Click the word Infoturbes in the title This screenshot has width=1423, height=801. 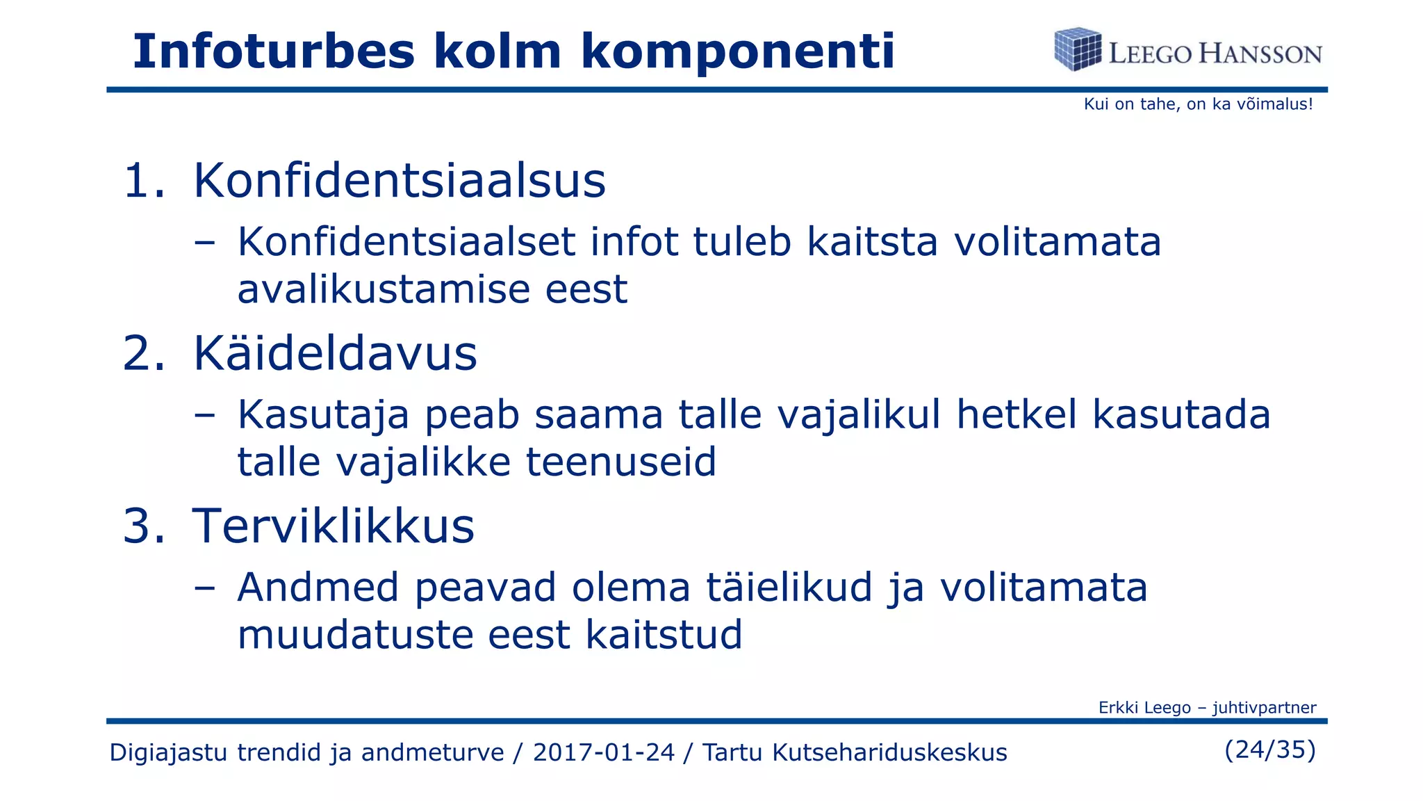click(x=273, y=51)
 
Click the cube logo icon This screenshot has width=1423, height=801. click(x=1078, y=49)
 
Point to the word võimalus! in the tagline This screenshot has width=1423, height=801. click(x=1275, y=104)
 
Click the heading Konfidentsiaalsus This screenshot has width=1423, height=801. click(x=399, y=181)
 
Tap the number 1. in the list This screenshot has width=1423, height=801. click(x=145, y=181)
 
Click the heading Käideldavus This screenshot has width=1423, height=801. click(x=335, y=353)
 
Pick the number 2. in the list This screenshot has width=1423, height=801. click(x=145, y=353)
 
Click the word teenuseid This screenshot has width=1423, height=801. click(x=621, y=462)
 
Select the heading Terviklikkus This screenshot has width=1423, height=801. click(x=334, y=526)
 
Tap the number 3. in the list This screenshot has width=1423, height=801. click(x=145, y=526)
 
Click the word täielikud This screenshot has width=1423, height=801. click(x=789, y=587)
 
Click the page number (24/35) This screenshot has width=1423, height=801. click(x=1270, y=750)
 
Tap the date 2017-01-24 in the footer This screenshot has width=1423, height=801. click(x=604, y=752)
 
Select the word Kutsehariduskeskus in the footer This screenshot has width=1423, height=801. click(x=889, y=752)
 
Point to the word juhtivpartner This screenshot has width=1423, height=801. click(x=1264, y=708)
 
